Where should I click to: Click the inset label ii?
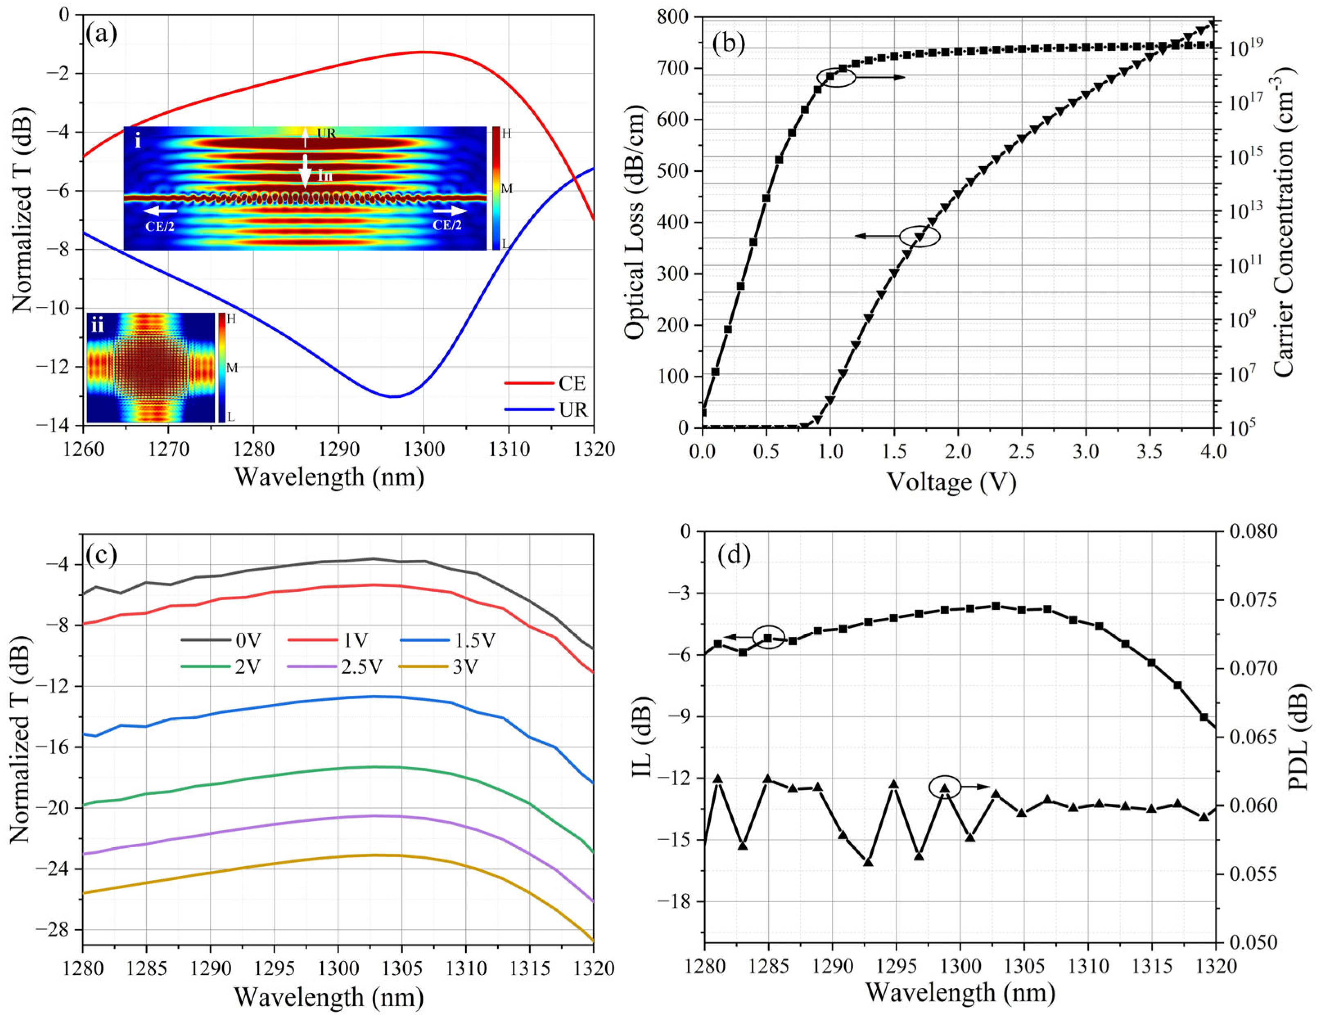[x=97, y=327]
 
